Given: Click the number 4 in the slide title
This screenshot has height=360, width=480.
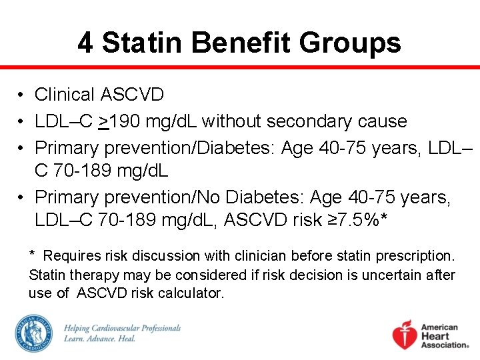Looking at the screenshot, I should (x=85, y=43).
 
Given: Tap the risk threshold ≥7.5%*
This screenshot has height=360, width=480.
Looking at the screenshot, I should (x=362, y=220).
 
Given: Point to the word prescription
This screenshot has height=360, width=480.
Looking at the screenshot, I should (x=413, y=256).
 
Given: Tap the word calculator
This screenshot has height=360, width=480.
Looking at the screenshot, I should (x=191, y=293).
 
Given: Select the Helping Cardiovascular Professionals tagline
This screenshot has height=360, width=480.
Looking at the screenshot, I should (x=122, y=333).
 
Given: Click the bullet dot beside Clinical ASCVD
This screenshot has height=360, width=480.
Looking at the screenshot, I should (x=22, y=95).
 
